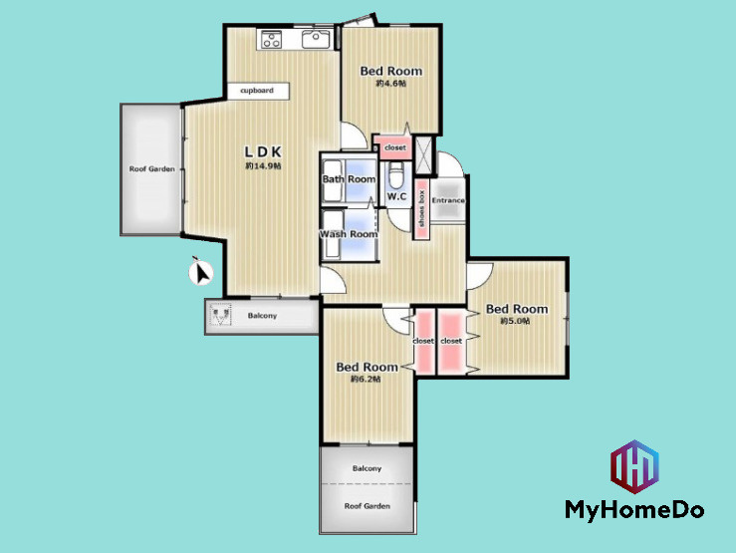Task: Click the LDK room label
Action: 263,151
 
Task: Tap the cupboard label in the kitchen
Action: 257,90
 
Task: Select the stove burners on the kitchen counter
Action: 271,39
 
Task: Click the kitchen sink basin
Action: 316,39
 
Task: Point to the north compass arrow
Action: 201,272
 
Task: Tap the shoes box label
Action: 421,208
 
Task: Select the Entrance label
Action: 448,200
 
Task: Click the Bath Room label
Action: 349,179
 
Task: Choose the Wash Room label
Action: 349,234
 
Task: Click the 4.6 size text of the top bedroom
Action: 391,83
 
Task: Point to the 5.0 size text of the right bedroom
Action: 515,321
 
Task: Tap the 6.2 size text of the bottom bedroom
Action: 366,379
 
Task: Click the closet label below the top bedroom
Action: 395,147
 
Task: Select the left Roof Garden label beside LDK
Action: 152,169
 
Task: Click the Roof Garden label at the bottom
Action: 368,506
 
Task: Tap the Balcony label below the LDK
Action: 262,316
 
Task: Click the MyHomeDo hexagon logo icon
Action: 634,466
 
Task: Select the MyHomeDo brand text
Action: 634,510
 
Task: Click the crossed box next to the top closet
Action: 425,154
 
